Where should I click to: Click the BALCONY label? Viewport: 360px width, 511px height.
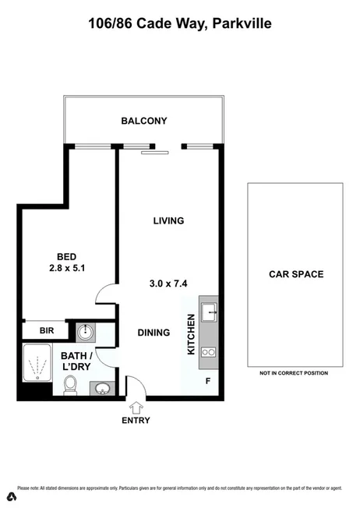(x=144, y=121)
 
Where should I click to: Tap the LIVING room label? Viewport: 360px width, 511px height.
(x=168, y=220)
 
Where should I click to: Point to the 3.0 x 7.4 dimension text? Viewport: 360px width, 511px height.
(x=168, y=284)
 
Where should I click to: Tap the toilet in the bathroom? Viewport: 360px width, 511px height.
(x=70, y=384)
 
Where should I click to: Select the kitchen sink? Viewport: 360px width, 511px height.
(x=208, y=312)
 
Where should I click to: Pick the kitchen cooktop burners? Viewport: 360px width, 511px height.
(x=208, y=352)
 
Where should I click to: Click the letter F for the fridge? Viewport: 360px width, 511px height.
(x=207, y=382)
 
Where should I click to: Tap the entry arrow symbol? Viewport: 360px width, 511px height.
(x=136, y=407)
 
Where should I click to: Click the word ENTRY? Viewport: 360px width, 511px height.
(x=136, y=421)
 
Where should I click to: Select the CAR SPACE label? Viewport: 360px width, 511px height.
(x=295, y=274)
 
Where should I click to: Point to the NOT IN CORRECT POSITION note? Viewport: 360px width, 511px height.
(x=294, y=373)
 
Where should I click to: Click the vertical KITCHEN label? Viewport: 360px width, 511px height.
(x=190, y=334)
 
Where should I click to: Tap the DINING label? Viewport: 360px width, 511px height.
(x=154, y=333)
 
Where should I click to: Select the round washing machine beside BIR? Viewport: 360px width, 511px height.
(x=86, y=332)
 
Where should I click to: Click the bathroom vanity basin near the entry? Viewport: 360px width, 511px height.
(x=101, y=387)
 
